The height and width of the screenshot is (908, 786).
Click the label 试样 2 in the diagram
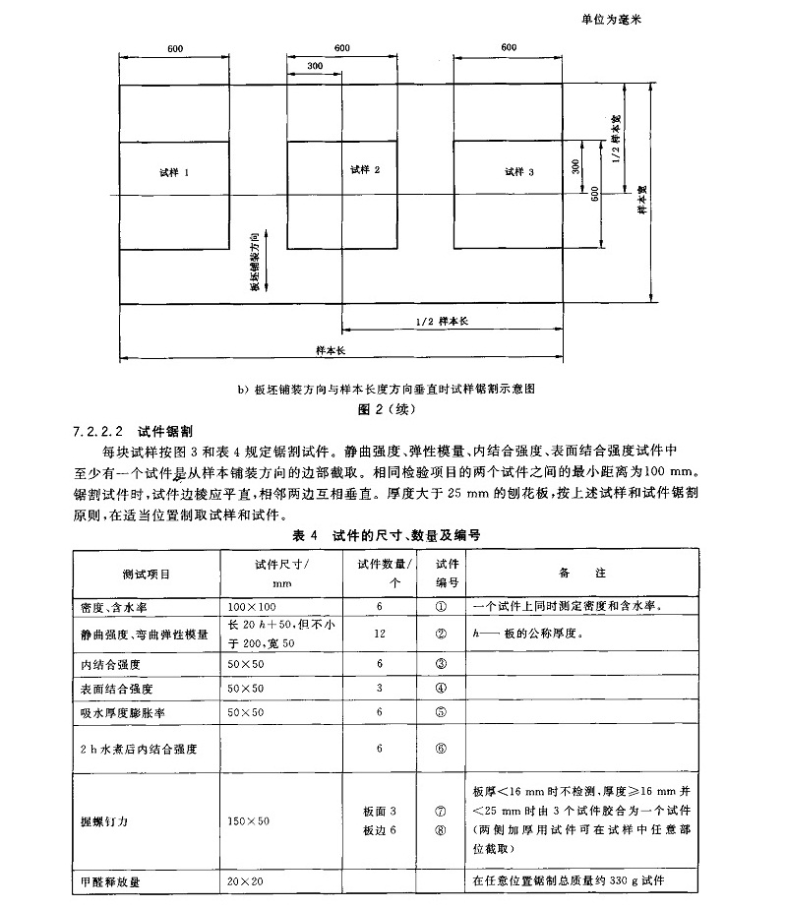click(364, 170)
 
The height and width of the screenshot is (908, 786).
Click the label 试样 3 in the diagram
click(518, 171)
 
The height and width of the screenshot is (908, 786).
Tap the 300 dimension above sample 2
click(315, 66)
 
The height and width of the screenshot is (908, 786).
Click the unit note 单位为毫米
click(621, 19)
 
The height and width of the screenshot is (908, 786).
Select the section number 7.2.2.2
click(98, 431)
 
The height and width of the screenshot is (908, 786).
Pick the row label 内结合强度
click(104, 664)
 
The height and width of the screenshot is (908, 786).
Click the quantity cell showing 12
click(379, 635)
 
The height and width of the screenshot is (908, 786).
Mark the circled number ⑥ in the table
click(440, 749)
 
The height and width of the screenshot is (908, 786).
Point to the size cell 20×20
click(244, 880)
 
